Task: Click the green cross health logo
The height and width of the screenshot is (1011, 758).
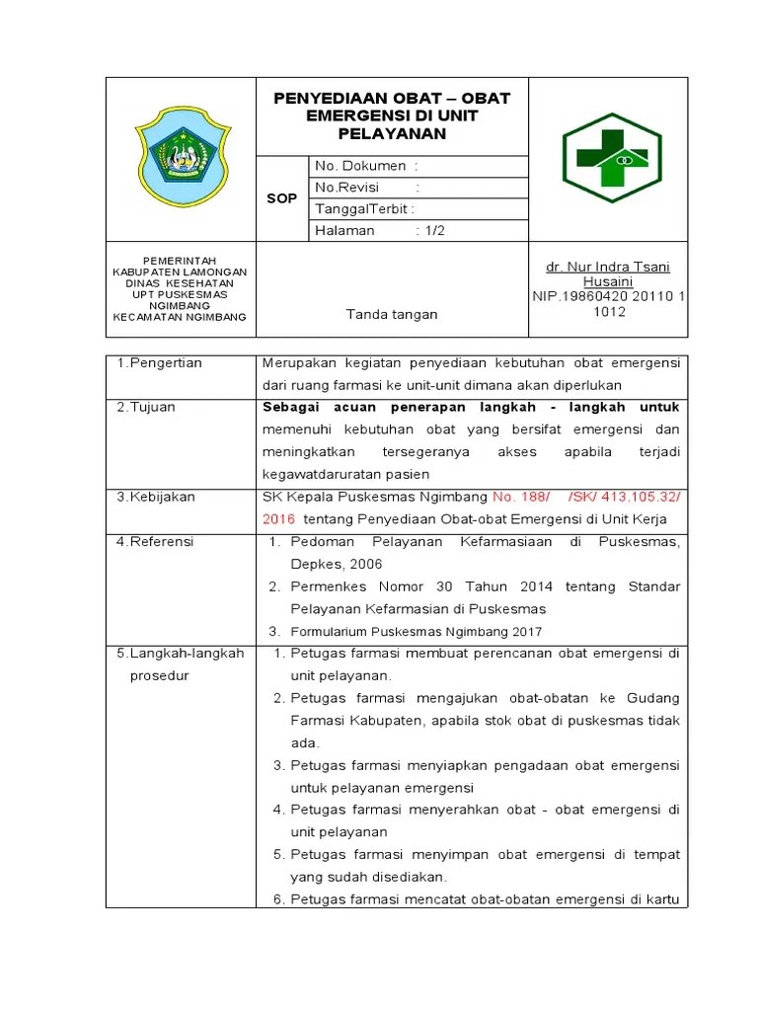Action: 612,158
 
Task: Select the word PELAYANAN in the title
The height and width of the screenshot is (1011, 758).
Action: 392,134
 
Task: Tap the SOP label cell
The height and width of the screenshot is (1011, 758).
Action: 281,198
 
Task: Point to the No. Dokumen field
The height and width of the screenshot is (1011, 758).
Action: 366,166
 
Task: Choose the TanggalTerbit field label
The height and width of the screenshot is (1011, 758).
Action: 364,209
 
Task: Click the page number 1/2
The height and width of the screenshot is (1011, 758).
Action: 435,230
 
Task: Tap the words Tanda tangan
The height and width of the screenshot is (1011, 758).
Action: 391,314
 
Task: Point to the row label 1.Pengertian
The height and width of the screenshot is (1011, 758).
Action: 159,363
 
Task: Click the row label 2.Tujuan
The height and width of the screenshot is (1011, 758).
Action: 146,408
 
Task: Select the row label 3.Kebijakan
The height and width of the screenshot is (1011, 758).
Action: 156,497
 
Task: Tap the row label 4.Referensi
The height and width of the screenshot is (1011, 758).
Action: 155,542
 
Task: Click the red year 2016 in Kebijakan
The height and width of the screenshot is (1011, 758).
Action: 278,519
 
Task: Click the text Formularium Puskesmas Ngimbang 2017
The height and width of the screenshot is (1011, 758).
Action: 416,632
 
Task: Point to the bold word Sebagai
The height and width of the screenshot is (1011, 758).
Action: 291,408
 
